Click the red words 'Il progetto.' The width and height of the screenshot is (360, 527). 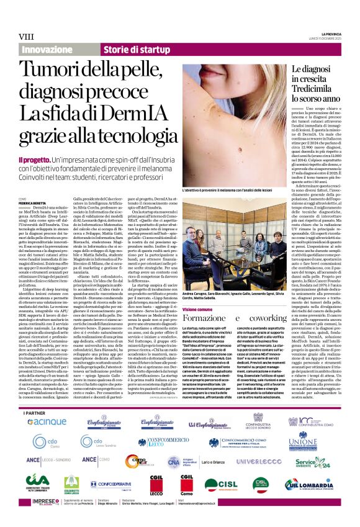34,160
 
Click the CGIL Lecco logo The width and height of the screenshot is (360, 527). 152,483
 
